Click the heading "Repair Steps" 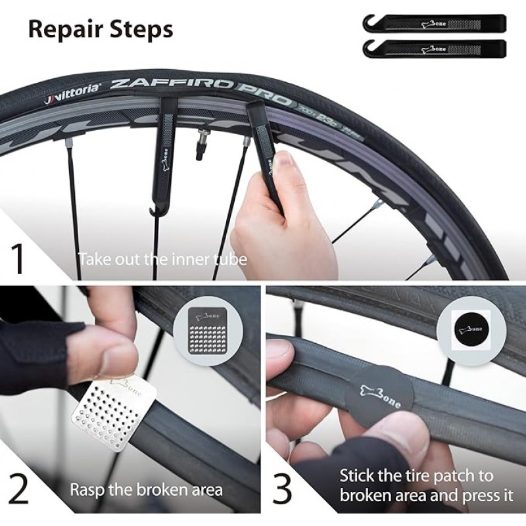point(101,29)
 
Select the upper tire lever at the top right point(434,24)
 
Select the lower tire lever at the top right point(434,48)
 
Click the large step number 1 point(19,258)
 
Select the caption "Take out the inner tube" point(162,258)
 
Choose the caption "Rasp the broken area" point(146,490)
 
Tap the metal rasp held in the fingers point(118,414)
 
